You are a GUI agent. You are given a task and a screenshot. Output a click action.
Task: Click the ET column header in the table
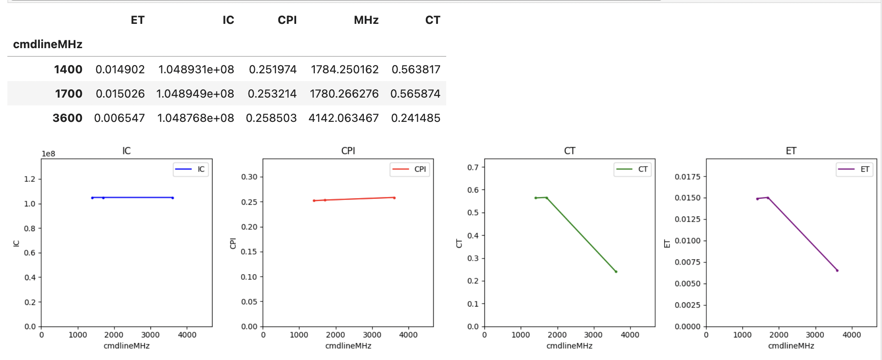coord(137,20)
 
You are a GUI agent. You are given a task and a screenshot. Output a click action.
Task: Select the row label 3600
coord(68,118)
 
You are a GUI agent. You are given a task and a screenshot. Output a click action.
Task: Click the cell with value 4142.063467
coord(343,118)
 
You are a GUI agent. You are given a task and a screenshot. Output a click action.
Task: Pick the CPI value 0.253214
coord(272,94)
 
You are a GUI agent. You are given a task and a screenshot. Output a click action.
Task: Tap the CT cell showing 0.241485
coord(415,118)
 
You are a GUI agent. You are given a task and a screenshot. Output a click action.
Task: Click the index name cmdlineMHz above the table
coord(48,44)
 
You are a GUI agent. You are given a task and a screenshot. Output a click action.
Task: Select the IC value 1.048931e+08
coord(196,69)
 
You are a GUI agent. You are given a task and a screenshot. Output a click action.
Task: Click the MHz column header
coord(366,20)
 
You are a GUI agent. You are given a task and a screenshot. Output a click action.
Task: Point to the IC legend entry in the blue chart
coord(191,169)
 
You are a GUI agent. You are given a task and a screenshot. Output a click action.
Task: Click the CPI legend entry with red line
coord(410,169)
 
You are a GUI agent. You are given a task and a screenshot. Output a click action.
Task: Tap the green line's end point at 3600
coord(616,272)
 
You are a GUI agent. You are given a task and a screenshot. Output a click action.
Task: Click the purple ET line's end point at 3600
coord(837,271)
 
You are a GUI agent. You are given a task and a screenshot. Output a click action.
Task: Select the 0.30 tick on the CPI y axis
coord(249,177)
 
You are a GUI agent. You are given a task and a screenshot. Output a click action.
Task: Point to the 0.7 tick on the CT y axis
coord(473,167)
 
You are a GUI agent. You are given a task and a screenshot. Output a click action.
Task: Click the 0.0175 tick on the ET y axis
coord(687,177)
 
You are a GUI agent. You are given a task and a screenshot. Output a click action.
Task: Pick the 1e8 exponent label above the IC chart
coord(48,154)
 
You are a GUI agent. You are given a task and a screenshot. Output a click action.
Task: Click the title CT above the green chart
coord(569,151)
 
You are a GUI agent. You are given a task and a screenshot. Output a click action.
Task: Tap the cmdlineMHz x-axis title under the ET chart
coord(791,346)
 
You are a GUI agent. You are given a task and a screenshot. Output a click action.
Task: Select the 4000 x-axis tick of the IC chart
coord(187,335)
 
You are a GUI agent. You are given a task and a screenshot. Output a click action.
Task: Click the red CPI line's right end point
coord(394,198)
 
